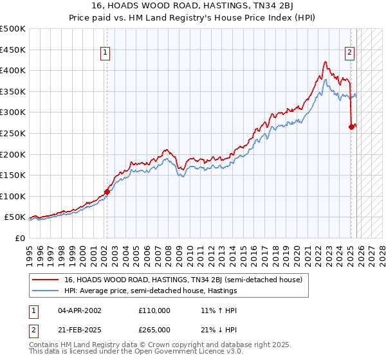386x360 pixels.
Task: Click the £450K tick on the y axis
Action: [x=14, y=50]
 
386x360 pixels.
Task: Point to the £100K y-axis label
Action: [x=14, y=196]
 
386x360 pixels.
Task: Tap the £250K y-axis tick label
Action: [x=14, y=133]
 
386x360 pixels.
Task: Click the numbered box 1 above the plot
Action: [x=105, y=53]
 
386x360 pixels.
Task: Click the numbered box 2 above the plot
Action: [x=349, y=53]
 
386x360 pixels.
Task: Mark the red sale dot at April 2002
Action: [x=107, y=191]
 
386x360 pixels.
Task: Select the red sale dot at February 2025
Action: [x=351, y=127]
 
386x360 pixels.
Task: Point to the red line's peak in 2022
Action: [x=326, y=62]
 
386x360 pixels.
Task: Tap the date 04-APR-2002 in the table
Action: [x=80, y=310]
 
